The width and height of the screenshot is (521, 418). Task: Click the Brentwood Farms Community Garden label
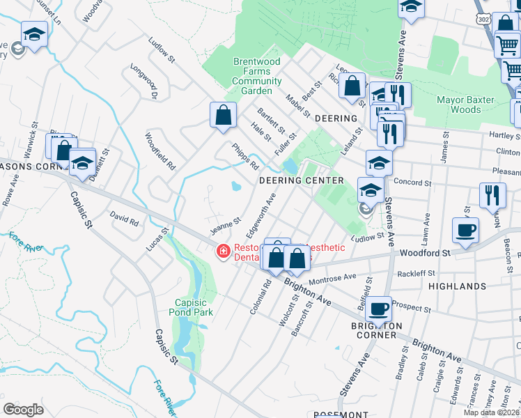pos(256,76)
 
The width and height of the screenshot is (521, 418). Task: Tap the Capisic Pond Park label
pos(193,307)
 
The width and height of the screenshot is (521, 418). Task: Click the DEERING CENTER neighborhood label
pos(302,180)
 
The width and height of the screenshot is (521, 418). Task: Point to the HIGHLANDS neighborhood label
pos(457,286)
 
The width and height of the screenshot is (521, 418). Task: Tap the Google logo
pos(23,410)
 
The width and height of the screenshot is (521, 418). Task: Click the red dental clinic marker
pos(224,251)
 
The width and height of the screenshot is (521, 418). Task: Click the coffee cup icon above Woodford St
pos(465,229)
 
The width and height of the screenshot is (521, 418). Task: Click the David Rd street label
pos(125,219)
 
